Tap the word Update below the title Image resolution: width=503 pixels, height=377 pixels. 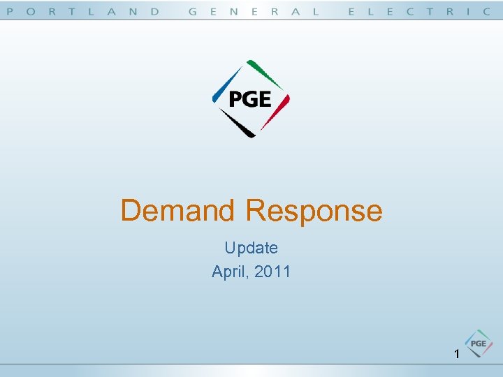(x=251, y=248)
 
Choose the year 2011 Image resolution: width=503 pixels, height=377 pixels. (x=272, y=271)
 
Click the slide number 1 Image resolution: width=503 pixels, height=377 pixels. (x=456, y=355)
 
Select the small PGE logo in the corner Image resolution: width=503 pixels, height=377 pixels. (x=479, y=343)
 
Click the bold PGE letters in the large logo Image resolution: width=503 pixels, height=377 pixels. (x=249, y=99)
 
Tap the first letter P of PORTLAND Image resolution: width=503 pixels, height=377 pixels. (x=10, y=11)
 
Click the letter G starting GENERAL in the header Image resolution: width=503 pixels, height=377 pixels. (x=193, y=11)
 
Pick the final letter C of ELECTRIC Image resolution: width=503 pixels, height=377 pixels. (x=487, y=11)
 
